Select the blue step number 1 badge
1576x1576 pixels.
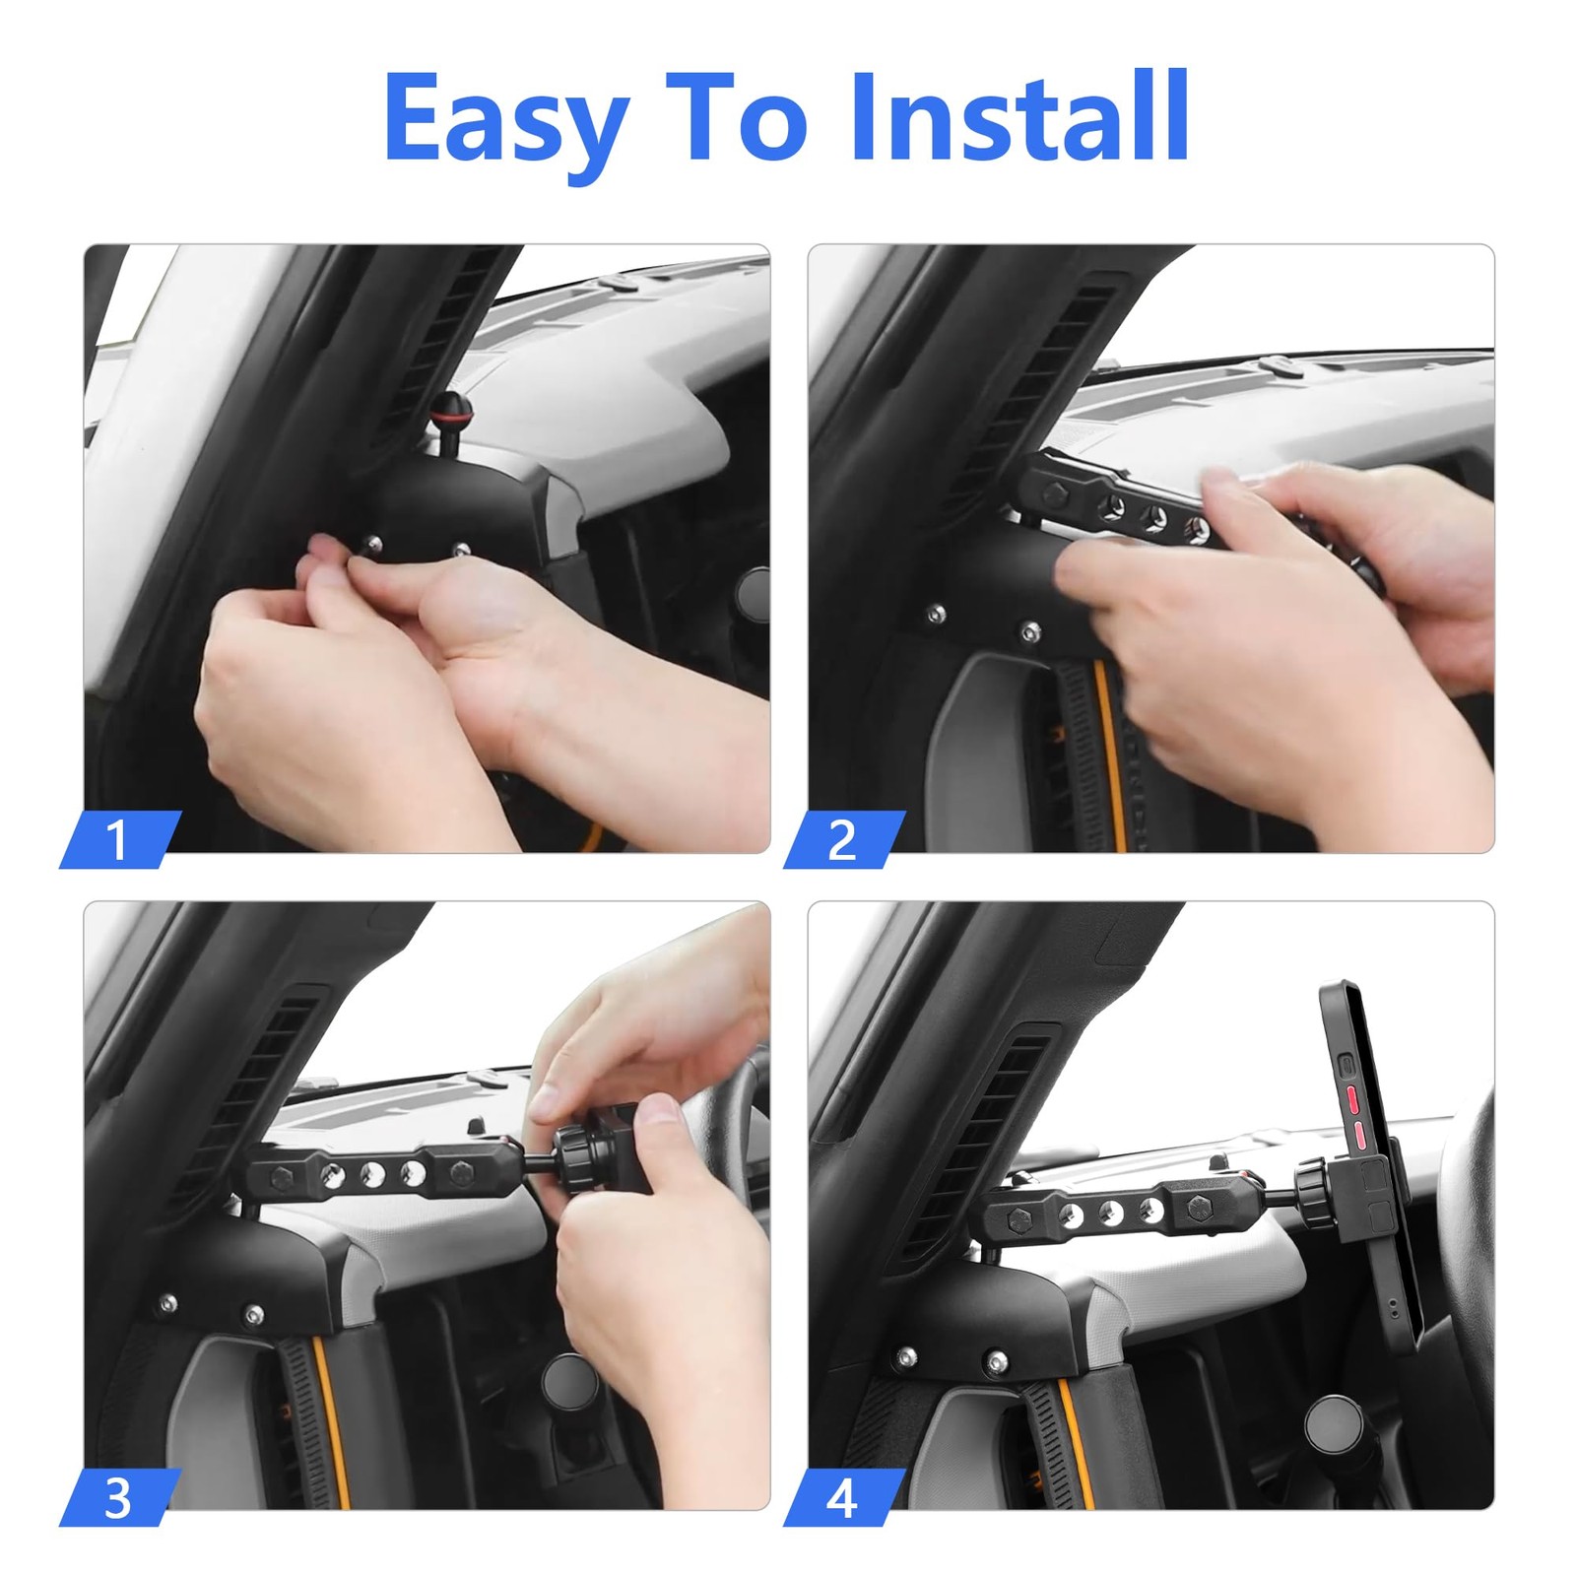click(x=120, y=839)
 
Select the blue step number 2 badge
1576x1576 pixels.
click(x=844, y=839)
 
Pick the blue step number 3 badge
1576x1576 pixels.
click(x=120, y=1497)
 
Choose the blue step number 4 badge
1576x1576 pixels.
click(x=844, y=1497)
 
